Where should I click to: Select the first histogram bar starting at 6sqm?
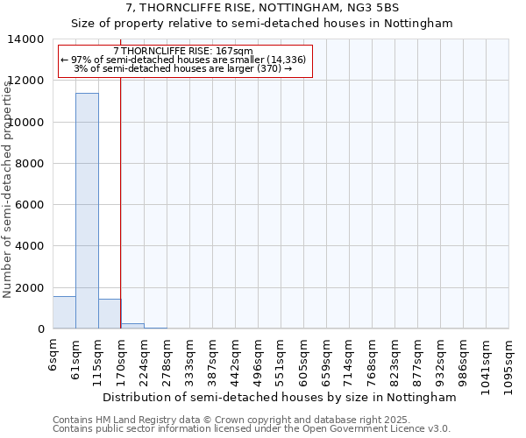click(x=64, y=313)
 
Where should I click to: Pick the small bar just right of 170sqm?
click(x=132, y=326)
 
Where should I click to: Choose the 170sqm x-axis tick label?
click(x=123, y=358)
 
